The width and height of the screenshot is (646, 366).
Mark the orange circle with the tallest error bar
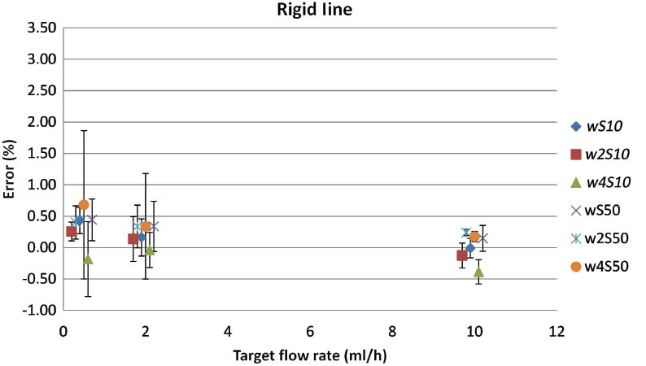point(84,205)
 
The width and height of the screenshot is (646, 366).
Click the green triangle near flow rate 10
point(478,272)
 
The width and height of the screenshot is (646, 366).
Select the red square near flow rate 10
point(462,255)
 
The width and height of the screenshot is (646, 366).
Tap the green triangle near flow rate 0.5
point(88,259)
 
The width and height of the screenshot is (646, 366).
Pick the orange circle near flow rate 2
point(146,226)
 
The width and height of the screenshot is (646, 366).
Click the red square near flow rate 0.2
point(72,232)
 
